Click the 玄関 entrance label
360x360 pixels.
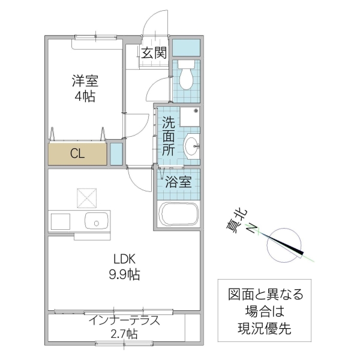point(154,53)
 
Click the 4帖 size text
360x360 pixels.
point(86,96)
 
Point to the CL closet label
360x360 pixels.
point(77,153)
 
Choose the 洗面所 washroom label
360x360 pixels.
point(169,136)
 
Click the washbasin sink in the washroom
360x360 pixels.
point(191,146)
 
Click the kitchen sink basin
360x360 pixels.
point(95,221)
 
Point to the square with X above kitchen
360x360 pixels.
point(86,197)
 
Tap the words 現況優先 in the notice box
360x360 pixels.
point(265,328)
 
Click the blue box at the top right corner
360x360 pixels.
point(186,46)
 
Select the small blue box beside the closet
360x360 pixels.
point(116,154)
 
